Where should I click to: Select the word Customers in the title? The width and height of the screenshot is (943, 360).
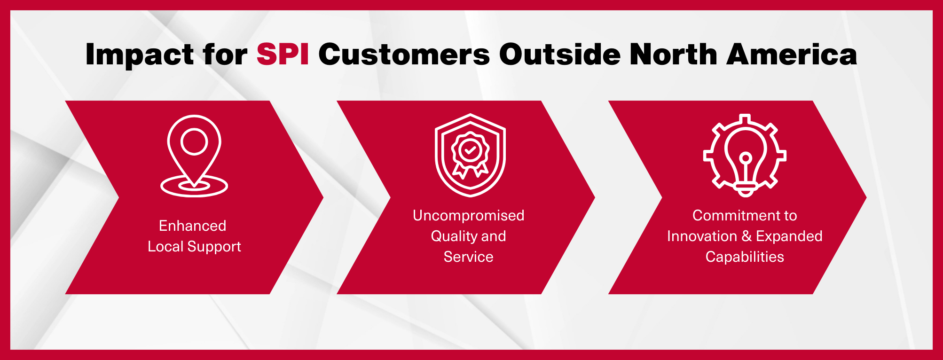(404, 54)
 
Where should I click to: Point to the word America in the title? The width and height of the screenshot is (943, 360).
(792, 54)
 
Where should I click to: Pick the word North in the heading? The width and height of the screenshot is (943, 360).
(673, 54)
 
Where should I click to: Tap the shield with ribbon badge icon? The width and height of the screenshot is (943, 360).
(470, 155)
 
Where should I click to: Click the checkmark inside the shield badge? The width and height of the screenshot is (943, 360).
(470, 150)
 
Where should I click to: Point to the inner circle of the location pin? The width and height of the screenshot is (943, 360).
(194, 142)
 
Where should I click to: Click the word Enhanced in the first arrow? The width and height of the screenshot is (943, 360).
(193, 226)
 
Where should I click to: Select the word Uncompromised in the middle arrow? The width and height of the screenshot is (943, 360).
(469, 216)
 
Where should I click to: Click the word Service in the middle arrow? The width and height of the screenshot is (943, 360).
(469, 257)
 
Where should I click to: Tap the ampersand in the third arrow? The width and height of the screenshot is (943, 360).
(747, 236)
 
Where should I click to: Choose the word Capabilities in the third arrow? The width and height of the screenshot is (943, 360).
(745, 257)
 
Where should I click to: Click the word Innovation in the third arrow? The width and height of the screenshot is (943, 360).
(702, 236)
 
